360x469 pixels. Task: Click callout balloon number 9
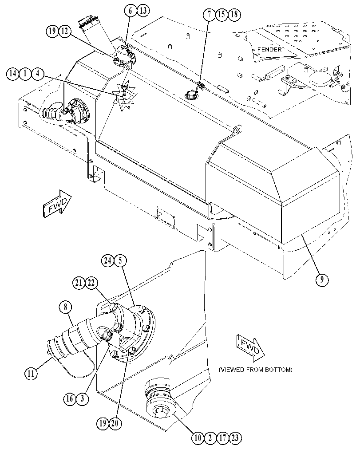(322, 280)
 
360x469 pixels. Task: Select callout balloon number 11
(31, 373)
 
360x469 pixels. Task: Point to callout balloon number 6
(131, 11)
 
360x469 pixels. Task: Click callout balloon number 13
(143, 11)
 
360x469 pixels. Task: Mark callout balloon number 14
(12, 74)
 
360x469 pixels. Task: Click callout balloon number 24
(107, 260)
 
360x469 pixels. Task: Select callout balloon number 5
(120, 260)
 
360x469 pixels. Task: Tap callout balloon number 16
(69, 399)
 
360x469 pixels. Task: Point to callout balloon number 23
(235, 438)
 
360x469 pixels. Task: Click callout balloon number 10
(198, 438)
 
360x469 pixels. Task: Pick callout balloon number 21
(79, 283)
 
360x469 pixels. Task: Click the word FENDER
(269, 49)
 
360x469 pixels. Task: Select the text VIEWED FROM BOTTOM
(256, 370)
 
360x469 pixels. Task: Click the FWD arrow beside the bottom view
(250, 348)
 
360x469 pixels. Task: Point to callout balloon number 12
(65, 31)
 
